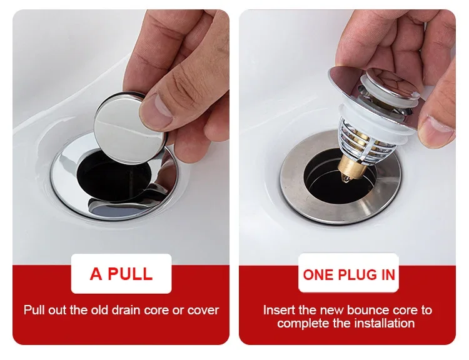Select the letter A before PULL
pyautogui.click(x=96, y=274)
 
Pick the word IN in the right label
pyautogui.click(x=387, y=274)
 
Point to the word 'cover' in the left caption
pyautogui.click(x=203, y=309)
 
